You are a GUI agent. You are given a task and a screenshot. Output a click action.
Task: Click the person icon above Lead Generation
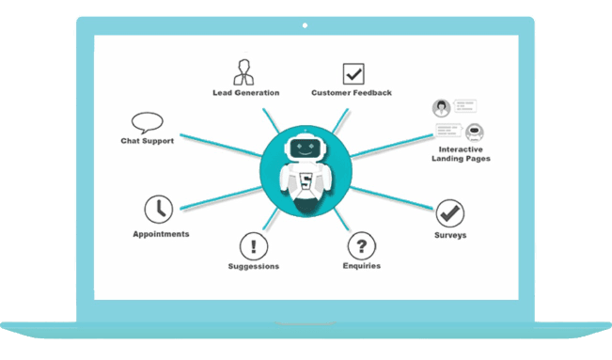[x=243, y=71]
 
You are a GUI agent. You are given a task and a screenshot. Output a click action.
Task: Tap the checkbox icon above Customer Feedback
[x=353, y=72]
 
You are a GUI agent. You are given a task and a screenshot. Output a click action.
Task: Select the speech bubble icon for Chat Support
[x=148, y=123]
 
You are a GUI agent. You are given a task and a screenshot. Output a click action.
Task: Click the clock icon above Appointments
[x=158, y=210]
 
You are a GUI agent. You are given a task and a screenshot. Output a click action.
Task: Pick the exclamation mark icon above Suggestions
[x=254, y=247]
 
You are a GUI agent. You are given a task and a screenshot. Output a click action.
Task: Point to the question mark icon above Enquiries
[x=361, y=247]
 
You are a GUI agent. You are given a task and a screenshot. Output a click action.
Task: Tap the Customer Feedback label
[x=352, y=93]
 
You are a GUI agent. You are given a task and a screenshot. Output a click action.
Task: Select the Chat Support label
[x=147, y=141]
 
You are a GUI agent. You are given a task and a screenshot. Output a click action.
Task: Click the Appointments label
[x=161, y=233]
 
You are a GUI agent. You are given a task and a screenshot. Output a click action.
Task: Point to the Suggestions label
[x=254, y=266]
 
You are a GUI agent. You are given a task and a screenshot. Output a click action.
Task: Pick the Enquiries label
[x=362, y=266]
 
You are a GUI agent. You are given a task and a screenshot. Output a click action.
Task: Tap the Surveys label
[x=450, y=234]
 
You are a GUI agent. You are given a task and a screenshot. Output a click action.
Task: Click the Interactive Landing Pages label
[x=464, y=153]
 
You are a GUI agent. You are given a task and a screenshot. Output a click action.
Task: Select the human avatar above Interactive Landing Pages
[x=440, y=107]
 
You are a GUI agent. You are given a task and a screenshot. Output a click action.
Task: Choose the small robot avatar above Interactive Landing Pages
[x=473, y=132]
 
